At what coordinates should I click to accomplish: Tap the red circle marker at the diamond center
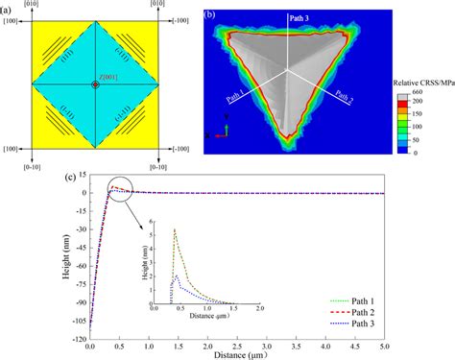94,85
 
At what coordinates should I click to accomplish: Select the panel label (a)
9,9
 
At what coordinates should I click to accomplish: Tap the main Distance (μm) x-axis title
235,354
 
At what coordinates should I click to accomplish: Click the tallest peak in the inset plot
175,229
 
